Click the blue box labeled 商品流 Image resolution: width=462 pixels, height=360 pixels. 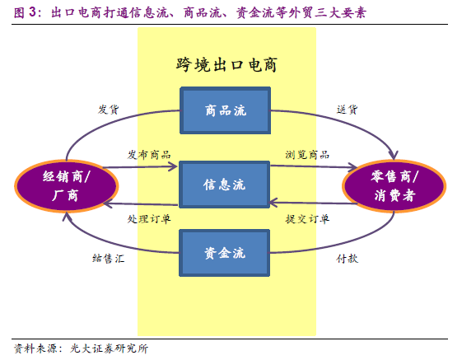(x=226, y=110)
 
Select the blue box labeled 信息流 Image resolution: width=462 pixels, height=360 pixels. (x=225, y=185)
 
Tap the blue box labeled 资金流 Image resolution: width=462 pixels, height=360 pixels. (x=225, y=253)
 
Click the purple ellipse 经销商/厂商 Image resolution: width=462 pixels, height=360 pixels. (x=67, y=185)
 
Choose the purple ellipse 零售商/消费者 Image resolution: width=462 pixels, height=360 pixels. (x=394, y=185)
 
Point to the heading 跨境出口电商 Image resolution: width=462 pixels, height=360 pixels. (x=226, y=65)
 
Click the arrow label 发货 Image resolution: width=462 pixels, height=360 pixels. (x=109, y=110)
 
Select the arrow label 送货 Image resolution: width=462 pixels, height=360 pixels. (x=347, y=110)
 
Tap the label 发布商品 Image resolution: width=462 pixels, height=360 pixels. (x=149, y=155)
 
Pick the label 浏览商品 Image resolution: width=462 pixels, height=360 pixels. (x=307, y=155)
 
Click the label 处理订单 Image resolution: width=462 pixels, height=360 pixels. (x=149, y=219)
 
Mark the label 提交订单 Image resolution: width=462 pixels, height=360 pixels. (x=307, y=219)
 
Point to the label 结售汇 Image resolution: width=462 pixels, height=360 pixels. (x=108, y=259)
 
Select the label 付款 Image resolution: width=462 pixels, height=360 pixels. (x=347, y=259)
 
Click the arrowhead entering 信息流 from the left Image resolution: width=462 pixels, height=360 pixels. (x=173, y=166)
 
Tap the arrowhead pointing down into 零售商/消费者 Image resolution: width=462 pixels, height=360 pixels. (x=394, y=155)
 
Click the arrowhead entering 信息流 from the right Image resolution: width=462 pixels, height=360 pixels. (x=273, y=203)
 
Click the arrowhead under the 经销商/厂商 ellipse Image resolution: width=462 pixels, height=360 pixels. (x=68, y=217)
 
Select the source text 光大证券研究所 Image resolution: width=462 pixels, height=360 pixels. (x=110, y=348)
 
